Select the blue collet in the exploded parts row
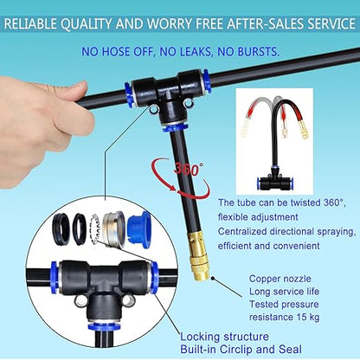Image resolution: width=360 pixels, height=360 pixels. pos(138,228)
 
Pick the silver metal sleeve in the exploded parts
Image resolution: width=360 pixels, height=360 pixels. pos(113,228)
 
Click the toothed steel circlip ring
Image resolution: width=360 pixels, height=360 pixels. pos(96,228)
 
